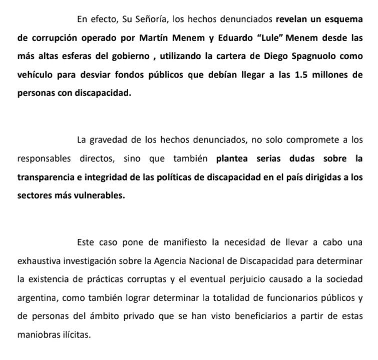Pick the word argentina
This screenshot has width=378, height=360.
click(36, 297)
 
